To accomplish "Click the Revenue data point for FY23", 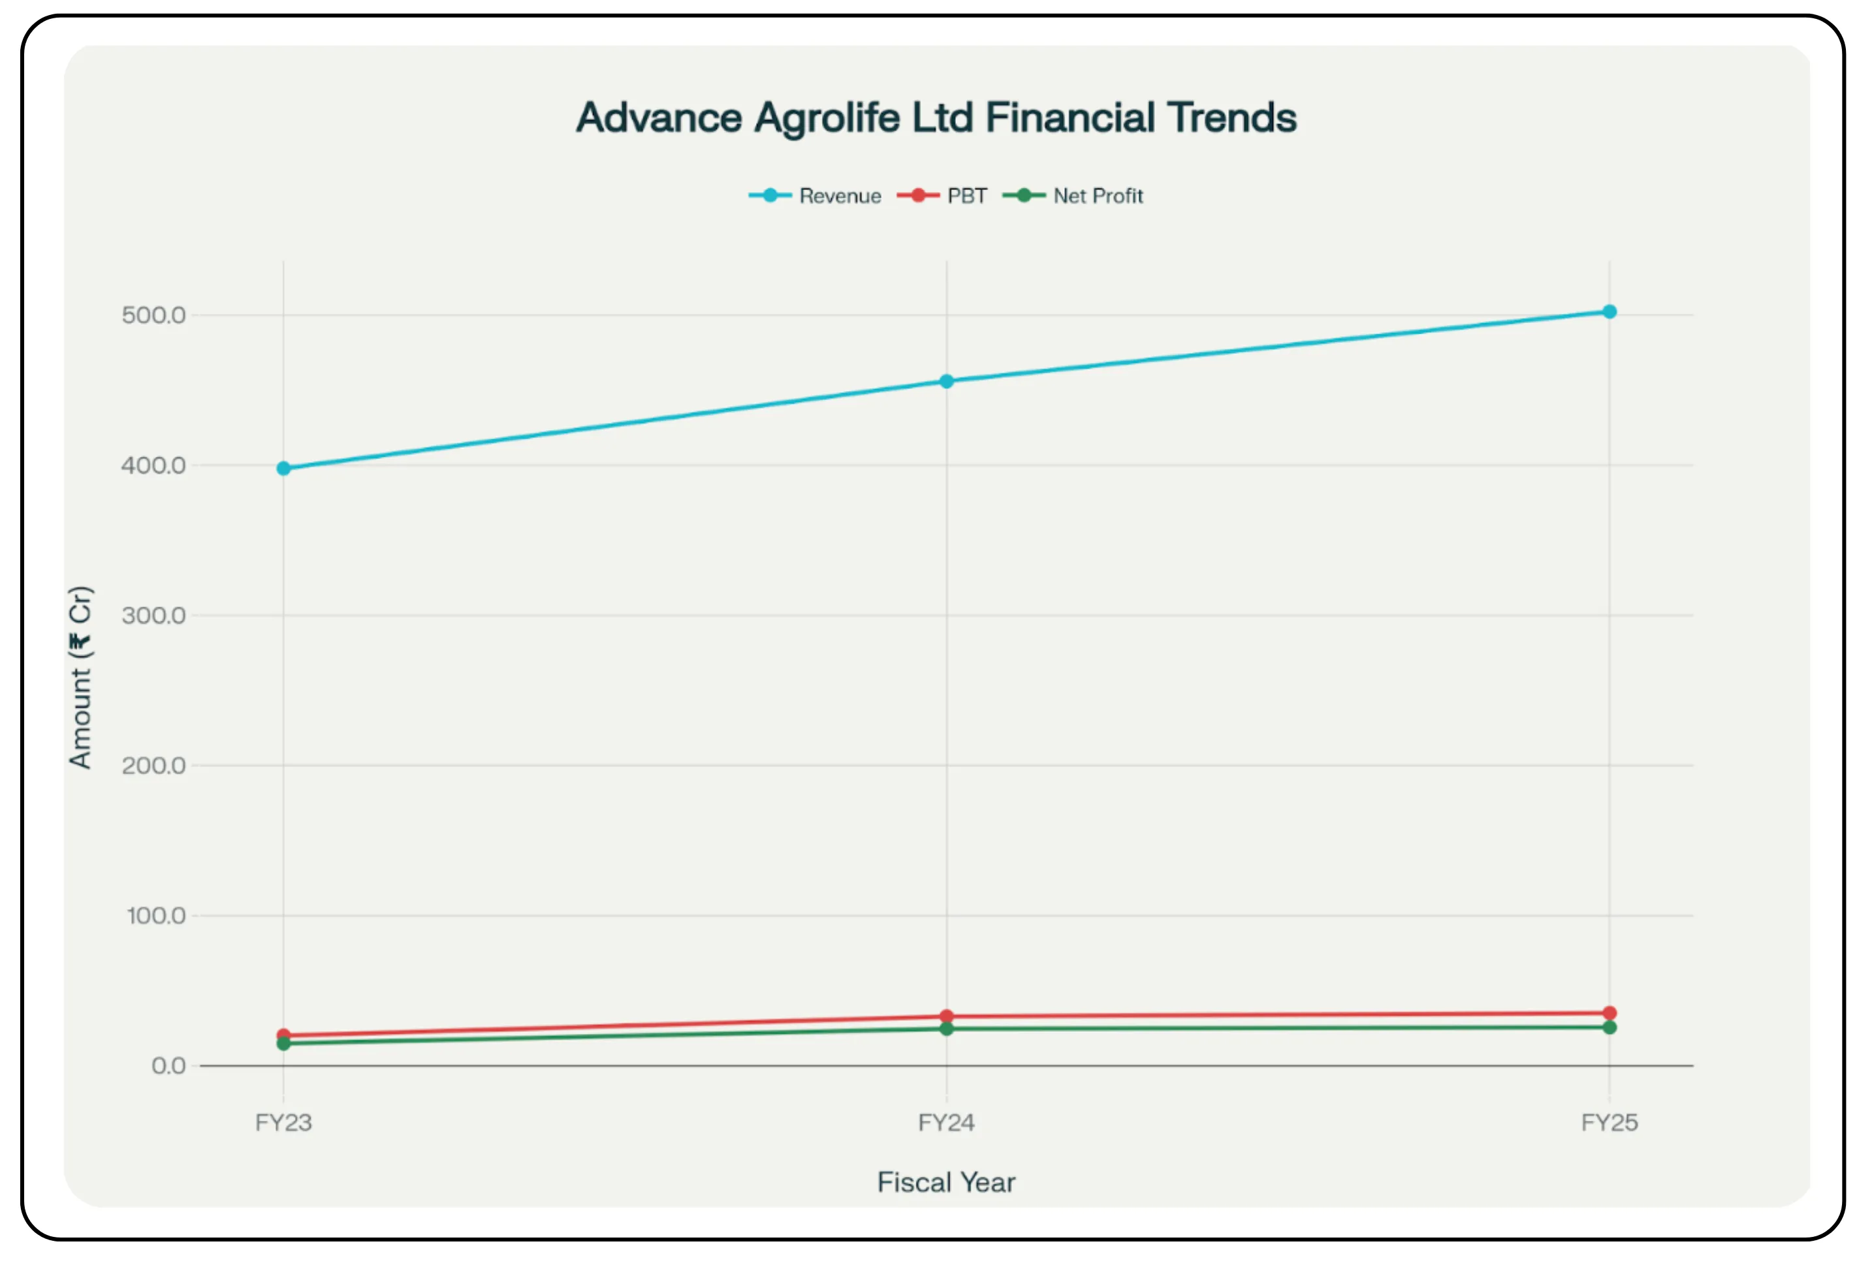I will pos(283,468).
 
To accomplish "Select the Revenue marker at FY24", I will pos(946,381).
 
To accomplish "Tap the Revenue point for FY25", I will pos(1608,311).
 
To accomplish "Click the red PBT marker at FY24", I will pos(946,1016).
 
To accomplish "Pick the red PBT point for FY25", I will pos(1608,1012).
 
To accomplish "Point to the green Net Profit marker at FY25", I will pos(1608,1027).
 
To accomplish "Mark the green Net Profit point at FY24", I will pos(946,1029).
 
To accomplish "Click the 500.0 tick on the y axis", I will pos(153,315).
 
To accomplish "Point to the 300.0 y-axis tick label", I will pos(153,615).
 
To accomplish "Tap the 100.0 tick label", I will pos(156,916).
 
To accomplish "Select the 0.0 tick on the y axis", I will pos(168,1066).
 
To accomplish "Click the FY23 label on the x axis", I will pos(283,1123).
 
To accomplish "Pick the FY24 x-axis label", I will pos(946,1123).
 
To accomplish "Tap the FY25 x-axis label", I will pos(1608,1123).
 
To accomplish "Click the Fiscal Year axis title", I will pos(946,1182).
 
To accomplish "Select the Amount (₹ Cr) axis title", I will pos(81,678).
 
